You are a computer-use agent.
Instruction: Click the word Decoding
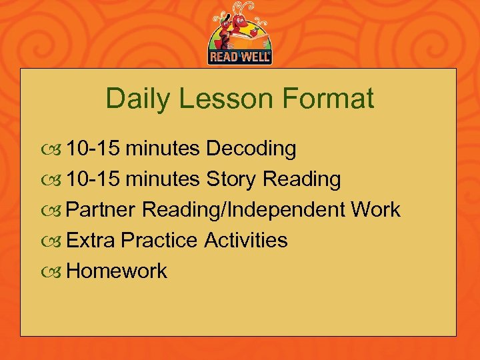pos(251,149)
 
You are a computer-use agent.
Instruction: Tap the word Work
pos(375,210)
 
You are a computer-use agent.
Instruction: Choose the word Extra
pos(93,240)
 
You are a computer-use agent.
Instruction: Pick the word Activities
pos(246,240)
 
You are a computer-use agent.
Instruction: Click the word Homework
pos(117,271)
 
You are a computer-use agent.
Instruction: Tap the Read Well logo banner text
pos(240,57)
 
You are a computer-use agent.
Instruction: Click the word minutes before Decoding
pos(163,149)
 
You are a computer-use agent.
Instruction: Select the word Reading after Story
pos(302,179)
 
